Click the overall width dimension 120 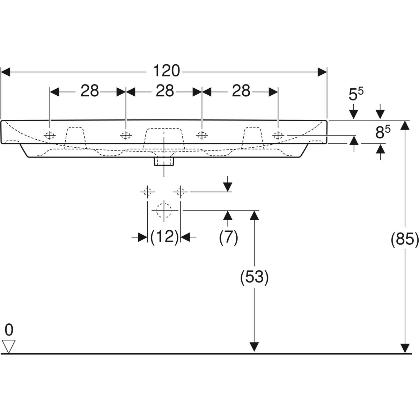pos(167,71)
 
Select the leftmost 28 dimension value pos(90,91)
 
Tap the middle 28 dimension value pos(165,91)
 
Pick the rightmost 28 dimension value pos(241,91)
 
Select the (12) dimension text pos(164,237)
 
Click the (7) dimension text pos(228,237)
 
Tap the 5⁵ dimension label pos(356,94)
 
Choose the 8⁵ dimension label pos(383,133)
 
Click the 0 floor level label pos(9,329)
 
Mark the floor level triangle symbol pos(9,346)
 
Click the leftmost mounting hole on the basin pos(50,135)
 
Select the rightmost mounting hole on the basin pos(278,135)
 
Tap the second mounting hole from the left pos(126,135)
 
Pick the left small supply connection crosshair pos(147,191)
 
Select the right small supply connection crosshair pos(180,191)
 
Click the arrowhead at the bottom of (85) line pos(405,348)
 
